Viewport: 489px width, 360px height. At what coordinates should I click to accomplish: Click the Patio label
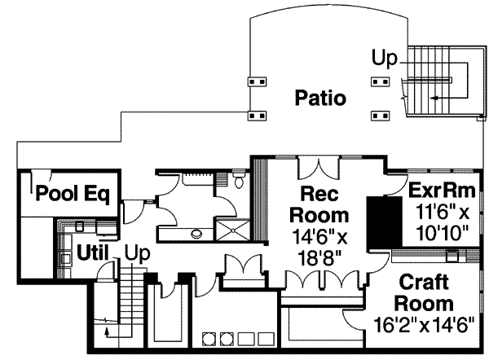pos(320,99)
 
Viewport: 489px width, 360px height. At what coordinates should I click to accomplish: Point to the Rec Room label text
pos(325,205)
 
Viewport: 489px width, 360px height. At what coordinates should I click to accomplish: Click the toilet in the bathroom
pos(238,181)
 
